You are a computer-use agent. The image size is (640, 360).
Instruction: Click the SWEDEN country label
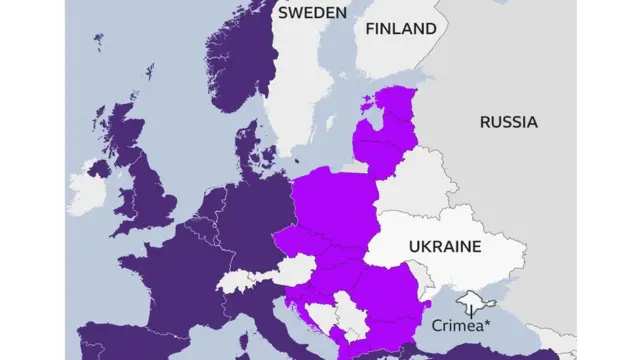pos(312,13)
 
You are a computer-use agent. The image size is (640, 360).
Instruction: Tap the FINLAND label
pos(400,29)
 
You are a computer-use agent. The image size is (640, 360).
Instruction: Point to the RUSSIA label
pos(508,122)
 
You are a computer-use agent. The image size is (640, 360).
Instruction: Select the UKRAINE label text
pos(444,246)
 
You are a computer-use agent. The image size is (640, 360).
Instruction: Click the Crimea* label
pos(461,325)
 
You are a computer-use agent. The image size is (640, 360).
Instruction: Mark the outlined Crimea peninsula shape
pos(469,301)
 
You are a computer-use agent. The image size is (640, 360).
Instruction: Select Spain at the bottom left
pos(110,340)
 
